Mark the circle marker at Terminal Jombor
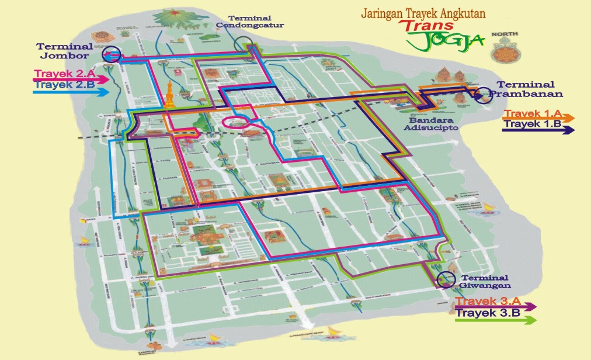point(111,54)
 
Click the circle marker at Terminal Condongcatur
point(245,44)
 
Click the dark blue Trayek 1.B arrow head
point(569,130)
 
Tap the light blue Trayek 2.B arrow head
point(103,92)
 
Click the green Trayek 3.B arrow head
point(531,320)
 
